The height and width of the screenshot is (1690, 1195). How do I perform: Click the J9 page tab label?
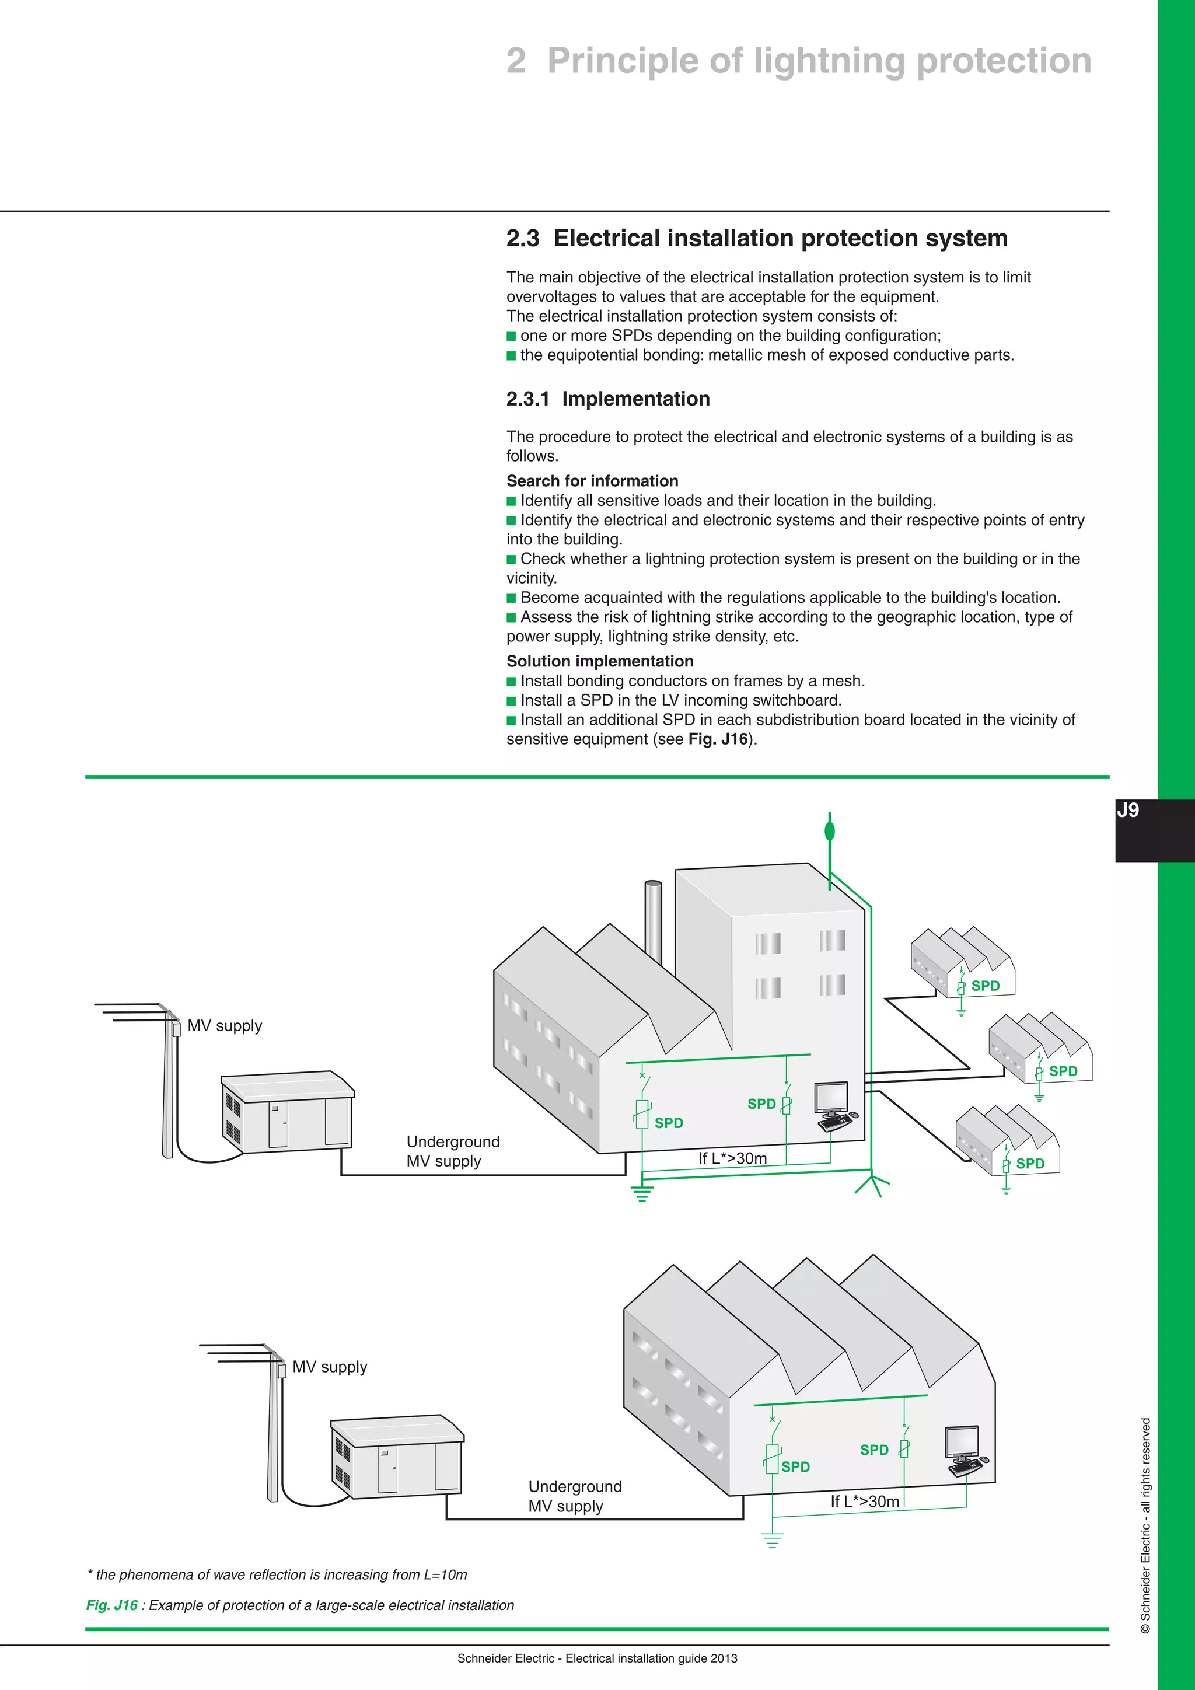[x=1127, y=811]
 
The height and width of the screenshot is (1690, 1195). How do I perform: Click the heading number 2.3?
[x=522, y=239]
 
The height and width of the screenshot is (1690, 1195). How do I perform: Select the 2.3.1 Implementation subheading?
[x=608, y=399]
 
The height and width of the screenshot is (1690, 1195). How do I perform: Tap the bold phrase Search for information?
[x=592, y=481]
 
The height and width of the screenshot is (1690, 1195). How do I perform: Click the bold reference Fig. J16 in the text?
[x=718, y=739]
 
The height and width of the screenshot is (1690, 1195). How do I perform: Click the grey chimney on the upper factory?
[x=654, y=920]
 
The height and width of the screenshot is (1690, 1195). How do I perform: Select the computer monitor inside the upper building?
[x=831, y=1099]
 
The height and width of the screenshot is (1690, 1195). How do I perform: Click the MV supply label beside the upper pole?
[x=225, y=1025]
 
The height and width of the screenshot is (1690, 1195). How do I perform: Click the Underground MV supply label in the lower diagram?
[x=575, y=1496]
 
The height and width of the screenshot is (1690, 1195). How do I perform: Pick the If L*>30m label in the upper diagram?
[x=732, y=1158]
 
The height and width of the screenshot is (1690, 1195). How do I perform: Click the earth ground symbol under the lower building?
[x=772, y=1540]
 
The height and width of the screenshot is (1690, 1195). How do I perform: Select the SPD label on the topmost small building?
[x=986, y=986]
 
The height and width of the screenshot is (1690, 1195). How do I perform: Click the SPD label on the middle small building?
[x=1063, y=1071]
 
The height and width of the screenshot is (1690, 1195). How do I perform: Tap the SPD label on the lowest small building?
[x=1029, y=1164]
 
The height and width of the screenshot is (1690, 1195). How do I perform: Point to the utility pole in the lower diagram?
[x=274, y=1428]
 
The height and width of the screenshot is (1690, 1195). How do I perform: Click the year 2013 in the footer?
[x=724, y=1658]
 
